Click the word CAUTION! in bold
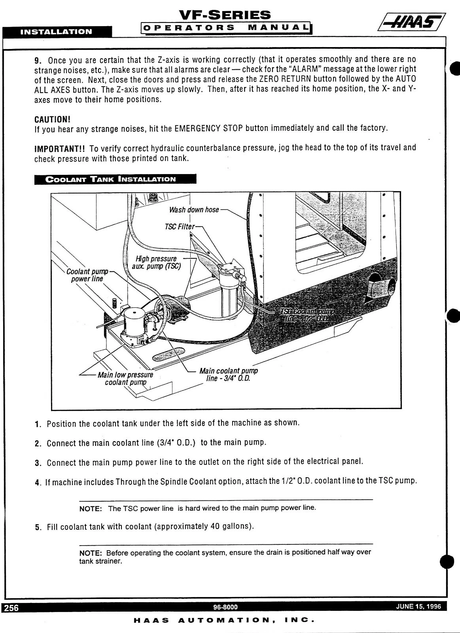52,119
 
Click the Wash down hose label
194,210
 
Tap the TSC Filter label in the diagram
180,227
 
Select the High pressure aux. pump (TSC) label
157,262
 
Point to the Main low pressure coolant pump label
125,378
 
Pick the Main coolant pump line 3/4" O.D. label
228,375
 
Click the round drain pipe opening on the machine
382,288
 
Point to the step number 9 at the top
37,61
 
